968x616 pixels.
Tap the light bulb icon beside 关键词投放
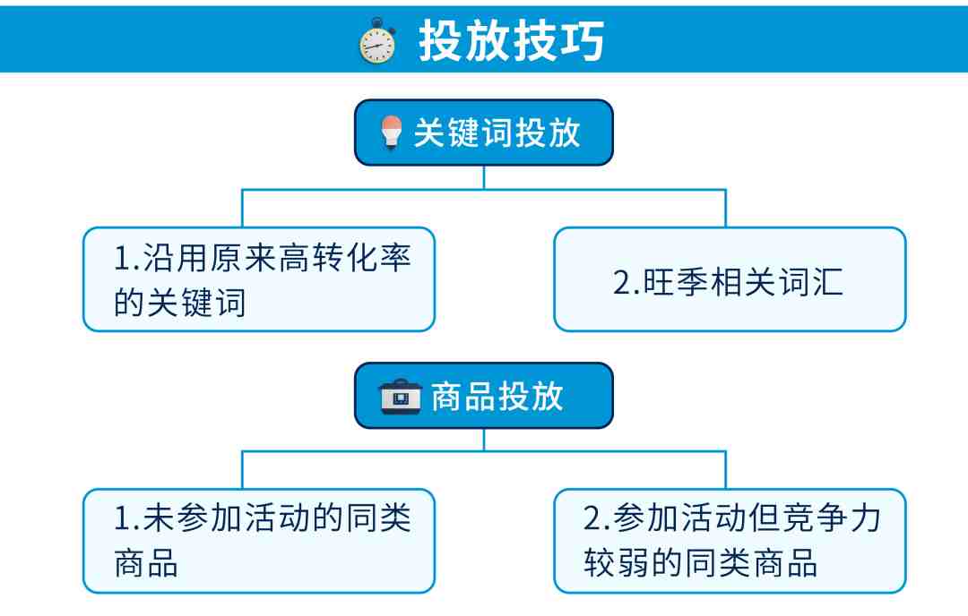pos(389,133)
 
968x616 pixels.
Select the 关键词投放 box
pos(484,133)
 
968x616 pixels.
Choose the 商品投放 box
pos(484,396)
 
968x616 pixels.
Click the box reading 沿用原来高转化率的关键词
pos(259,279)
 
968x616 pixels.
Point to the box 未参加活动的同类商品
pos(259,540)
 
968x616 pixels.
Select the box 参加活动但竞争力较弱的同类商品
pos(730,540)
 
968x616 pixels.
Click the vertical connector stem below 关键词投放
pos(484,177)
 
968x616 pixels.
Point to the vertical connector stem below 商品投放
pos(484,439)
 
